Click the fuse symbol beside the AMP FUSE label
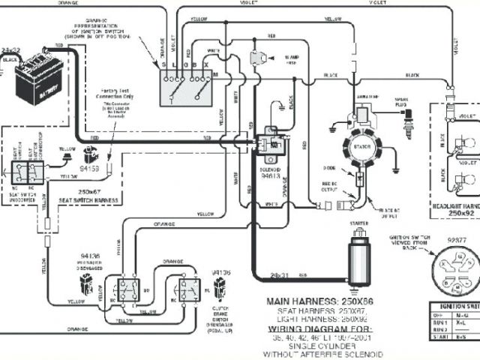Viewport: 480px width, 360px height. pos(261,58)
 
